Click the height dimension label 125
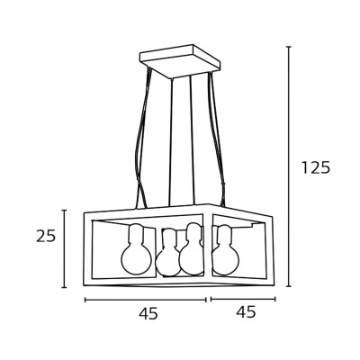click(316, 167)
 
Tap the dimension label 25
click(46, 236)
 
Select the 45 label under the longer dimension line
click(148, 313)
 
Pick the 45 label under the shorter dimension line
click(246, 311)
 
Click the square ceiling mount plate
click(180, 61)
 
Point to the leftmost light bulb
click(136, 249)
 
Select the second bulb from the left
click(167, 253)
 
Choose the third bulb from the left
click(192, 249)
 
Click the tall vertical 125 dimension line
click(289, 166)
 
